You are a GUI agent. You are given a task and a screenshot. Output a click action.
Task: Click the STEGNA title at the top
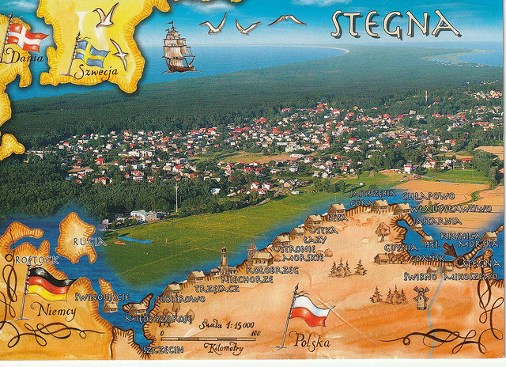pyautogui.click(x=395, y=25)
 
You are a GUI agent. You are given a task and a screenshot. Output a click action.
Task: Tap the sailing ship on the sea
pyautogui.click(x=179, y=48)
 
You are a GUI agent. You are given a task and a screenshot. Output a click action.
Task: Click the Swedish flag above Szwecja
pyautogui.click(x=90, y=53)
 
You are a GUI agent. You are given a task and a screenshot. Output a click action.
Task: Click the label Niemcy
pyautogui.click(x=56, y=312)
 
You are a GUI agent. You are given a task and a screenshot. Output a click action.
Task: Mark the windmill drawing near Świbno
pyautogui.click(x=421, y=296)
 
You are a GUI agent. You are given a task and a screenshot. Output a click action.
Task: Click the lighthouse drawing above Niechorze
pyautogui.click(x=225, y=259)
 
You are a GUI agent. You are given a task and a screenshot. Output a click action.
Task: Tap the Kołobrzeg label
pyautogui.click(x=272, y=270)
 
